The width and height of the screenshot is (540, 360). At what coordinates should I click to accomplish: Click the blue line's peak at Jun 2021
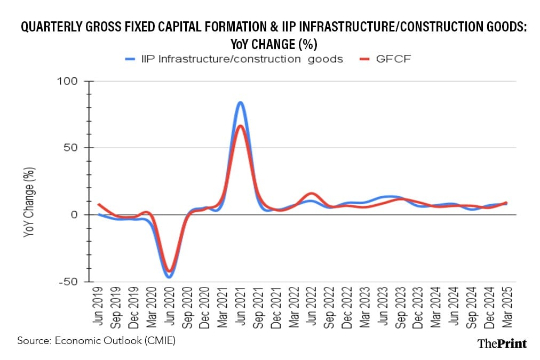coord(240,102)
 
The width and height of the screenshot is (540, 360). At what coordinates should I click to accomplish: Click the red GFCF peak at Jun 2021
coord(240,126)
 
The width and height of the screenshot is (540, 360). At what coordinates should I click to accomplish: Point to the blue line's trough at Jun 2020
coord(169,277)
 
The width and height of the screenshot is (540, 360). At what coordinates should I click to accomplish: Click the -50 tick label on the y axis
coord(68,282)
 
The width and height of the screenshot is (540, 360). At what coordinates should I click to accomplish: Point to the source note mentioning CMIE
coord(96,340)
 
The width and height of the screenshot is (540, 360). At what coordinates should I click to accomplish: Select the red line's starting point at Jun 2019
coord(99,204)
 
